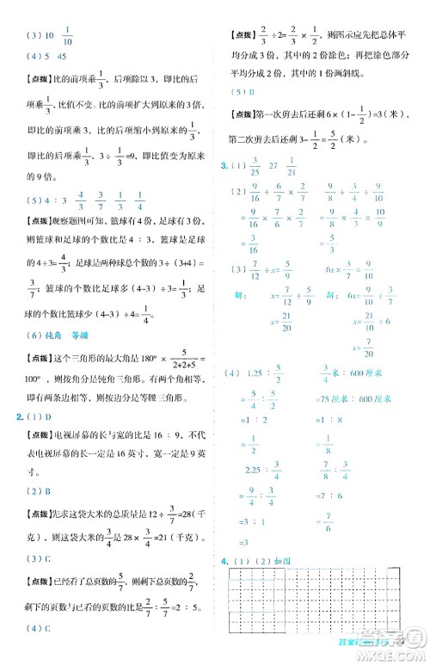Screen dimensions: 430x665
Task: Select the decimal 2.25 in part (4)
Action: tap(259, 468)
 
